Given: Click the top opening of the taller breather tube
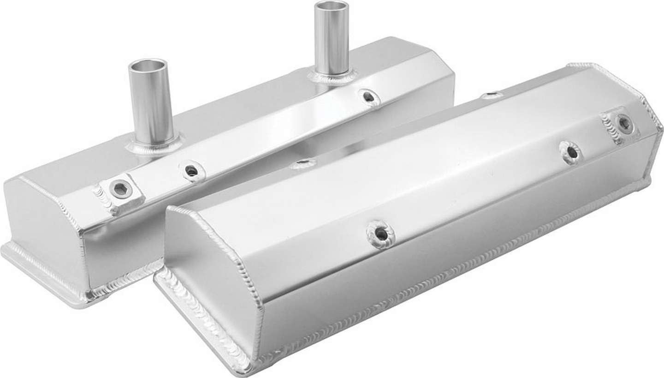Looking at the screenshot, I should point(331,6).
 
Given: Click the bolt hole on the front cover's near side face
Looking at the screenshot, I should point(381,234).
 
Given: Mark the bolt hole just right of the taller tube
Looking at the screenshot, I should point(368,97).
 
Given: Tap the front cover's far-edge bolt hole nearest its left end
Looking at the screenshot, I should point(303,163).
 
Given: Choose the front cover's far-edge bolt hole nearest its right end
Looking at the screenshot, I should point(492,96).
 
